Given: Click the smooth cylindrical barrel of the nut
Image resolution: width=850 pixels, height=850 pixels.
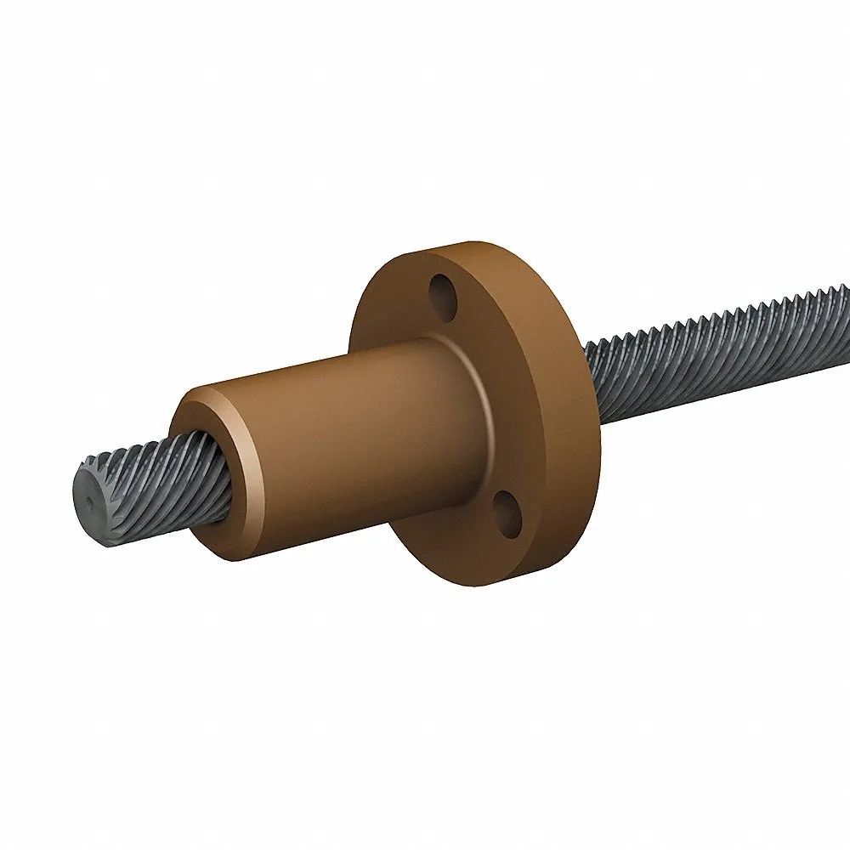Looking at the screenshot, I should click(x=357, y=442).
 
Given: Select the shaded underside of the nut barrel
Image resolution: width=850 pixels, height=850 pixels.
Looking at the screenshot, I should click(x=357, y=544).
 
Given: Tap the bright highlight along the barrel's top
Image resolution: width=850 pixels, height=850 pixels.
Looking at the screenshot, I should click(x=340, y=361).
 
